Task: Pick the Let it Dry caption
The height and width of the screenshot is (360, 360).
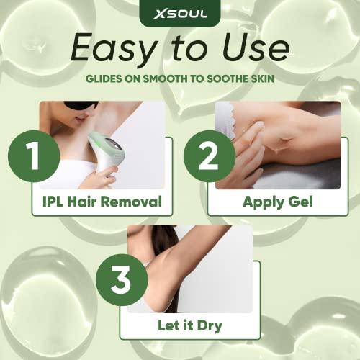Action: click(x=190, y=325)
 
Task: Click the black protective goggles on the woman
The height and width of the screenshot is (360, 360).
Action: click(x=81, y=106)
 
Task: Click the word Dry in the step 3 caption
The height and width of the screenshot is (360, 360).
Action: click(x=210, y=325)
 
